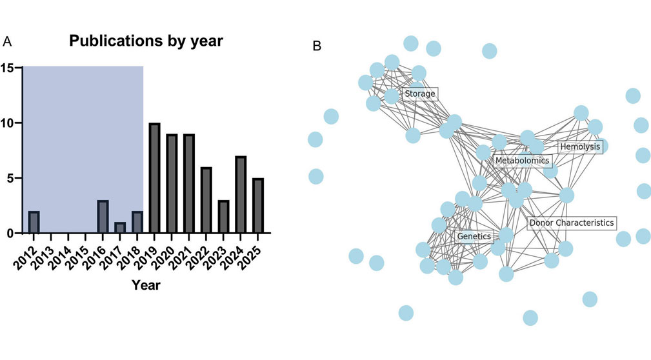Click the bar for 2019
(x=154, y=178)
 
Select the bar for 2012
(x=34, y=222)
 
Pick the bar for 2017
(x=121, y=228)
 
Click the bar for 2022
(x=205, y=200)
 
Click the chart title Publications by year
(x=146, y=42)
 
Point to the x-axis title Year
(x=146, y=285)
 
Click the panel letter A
(x=7, y=42)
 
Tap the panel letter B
(x=317, y=46)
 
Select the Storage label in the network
(x=420, y=94)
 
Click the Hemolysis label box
(x=580, y=146)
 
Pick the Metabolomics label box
(x=522, y=160)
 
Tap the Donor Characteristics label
(x=571, y=223)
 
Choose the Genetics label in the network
(x=474, y=237)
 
